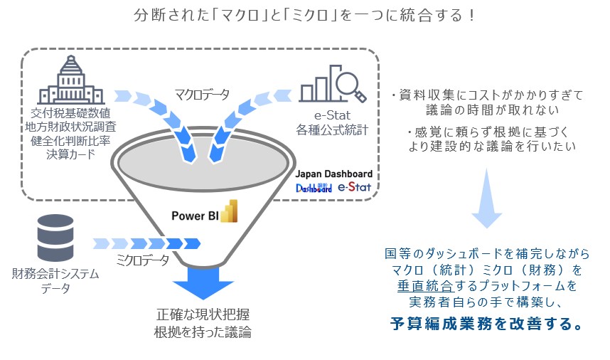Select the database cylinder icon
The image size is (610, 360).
pyautogui.click(x=55, y=238)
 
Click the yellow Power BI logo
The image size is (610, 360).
pyautogui.click(x=229, y=211)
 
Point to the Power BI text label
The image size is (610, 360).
pyautogui.click(x=195, y=216)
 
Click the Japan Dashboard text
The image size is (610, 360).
pyautogui.click(x=333, y=174)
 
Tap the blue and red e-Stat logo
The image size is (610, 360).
pyautogui.click(x=354, y=187)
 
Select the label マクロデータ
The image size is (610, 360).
pyautogui.click(x=202, y=94)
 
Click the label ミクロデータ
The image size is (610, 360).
pyautogui.click(x=142, y=260)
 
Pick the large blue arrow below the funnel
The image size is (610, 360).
pyautogui.click(x=203, y=282)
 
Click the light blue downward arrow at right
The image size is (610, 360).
pyautogui.click(x=487, y=198)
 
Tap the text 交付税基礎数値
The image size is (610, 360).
pyautogui.click(x=71, y=113)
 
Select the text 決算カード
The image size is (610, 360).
pyautogui.click(x=71, y=154)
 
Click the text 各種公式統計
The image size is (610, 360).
pyautogui.click(x=332, y=130)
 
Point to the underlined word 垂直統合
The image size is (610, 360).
pyautogui.click(x=426, y=286)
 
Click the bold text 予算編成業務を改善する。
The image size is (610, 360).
pyautogui.click(x=487, y=324)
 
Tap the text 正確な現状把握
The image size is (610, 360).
pyautogui.click(x=203, y=314)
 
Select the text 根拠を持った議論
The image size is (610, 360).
pyautogui.click(x=203, y=332)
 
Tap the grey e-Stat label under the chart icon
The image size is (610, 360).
pyautogui.click(x=332, y=115)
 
